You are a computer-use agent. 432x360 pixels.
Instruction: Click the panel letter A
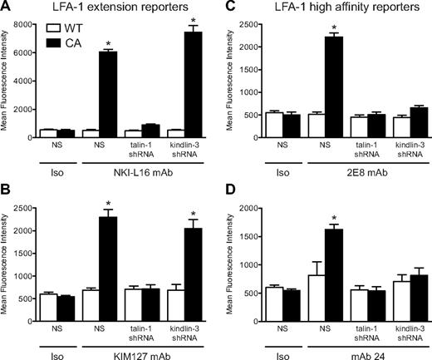click(x=6, y=7)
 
